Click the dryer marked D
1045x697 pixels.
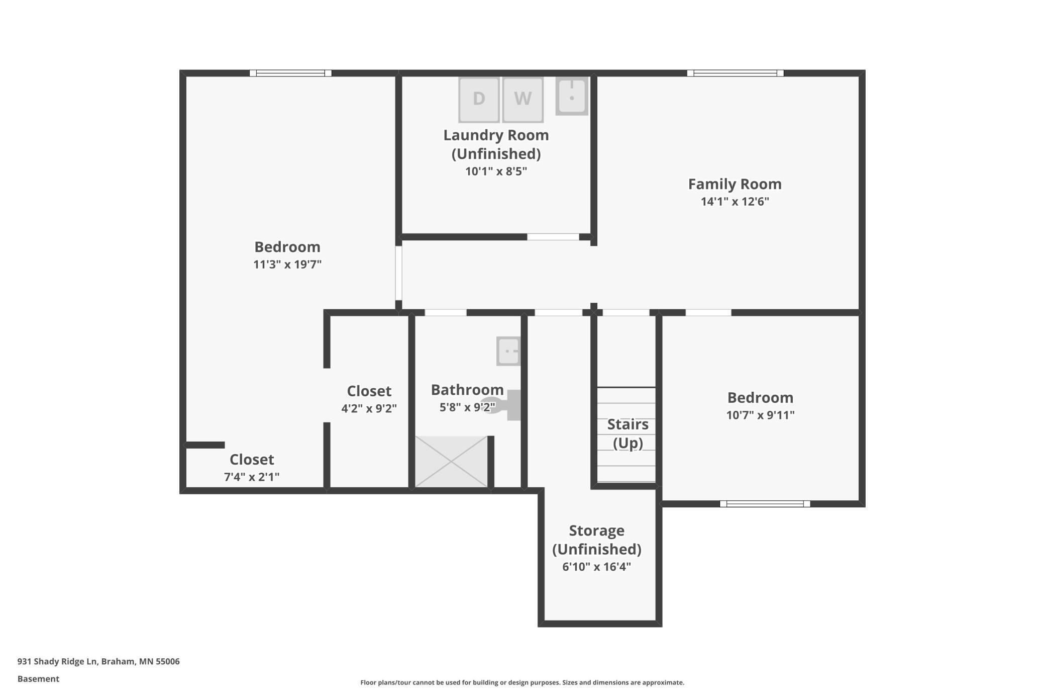tap(479, 99)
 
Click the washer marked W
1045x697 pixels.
tap(523, 99)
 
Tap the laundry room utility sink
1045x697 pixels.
tap(572, 96)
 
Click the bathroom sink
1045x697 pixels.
tap(508, 351)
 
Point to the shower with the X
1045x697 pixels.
tap(451, 462)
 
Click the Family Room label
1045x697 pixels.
tap(735, 184)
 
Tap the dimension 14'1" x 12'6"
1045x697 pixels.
tap(735, 202)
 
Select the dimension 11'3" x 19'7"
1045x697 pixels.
tap(287, 265)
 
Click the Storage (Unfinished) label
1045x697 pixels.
tap(597, 540)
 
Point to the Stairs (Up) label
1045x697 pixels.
tap(628, 433)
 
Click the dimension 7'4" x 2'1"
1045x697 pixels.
tap(252, 477)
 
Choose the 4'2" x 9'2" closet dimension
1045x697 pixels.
tap(369, 408)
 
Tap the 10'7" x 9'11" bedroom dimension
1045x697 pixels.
tap(760, 415)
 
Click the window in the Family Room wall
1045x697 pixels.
tap(736, 73)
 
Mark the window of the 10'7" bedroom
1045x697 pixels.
tap(765, 504)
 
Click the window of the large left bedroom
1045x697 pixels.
tap(290, 73)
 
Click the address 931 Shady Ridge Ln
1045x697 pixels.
tap(57, 661)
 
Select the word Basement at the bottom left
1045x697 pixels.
tap(38, 679)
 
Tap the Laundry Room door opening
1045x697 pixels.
tap(553, 237)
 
